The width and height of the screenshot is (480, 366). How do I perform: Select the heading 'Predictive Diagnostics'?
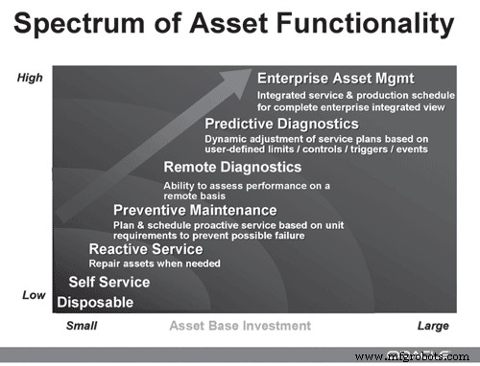[281, 124]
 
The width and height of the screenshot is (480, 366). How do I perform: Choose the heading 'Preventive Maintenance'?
[195, 211]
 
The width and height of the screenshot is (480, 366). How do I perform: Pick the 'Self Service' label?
[109, 283]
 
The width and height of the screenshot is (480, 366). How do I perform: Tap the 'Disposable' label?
[95, 303]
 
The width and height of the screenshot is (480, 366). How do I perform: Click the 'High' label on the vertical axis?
[31, 78]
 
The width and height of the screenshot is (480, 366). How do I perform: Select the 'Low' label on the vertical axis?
[34, 295]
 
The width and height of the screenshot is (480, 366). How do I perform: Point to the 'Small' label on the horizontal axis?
[82, 326]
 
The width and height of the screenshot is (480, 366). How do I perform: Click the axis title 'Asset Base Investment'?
[240, 326]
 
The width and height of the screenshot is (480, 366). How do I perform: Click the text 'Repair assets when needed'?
[155, 263]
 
